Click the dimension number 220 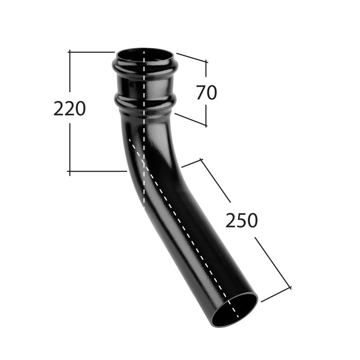pos(70,109)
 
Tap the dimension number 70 pos(207,92)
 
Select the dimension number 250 pos(242,220)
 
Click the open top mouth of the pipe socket pos(145,55)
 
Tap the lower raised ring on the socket pos(145,102)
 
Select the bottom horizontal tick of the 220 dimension pos(97,171)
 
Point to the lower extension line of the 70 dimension pos(190,119)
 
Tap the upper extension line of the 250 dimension pos(191,163)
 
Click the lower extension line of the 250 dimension pos(275,295)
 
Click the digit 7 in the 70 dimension pos(201,92)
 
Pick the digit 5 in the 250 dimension pos(242,220)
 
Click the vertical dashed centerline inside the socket pos(144,85)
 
